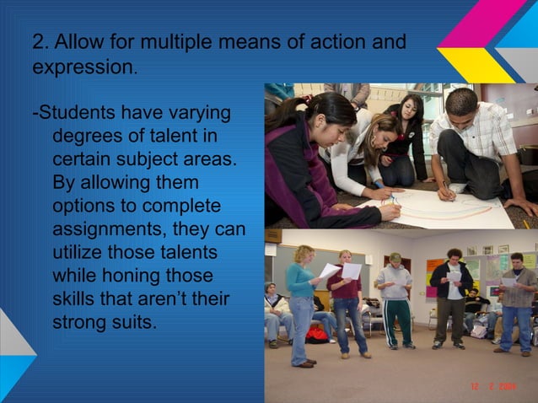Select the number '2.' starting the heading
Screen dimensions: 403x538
click(x=40, y=41)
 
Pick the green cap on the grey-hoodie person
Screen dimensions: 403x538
click(x=395, y=256)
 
